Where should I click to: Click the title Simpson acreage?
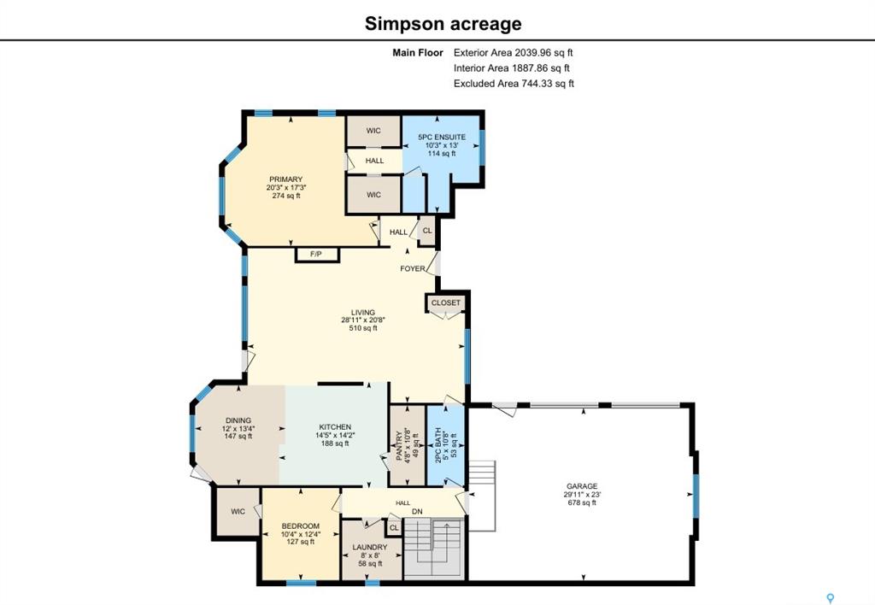click(x=443, y=23)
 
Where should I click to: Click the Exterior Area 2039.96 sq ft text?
click(x=513, y=53)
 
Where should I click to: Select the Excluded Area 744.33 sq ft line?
click(x=514, y=84)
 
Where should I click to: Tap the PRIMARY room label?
click(x=285, y=179)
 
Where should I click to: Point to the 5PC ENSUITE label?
click(x=442, y=137)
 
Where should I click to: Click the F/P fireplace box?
click(x=316, y=255)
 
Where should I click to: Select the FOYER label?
click(x=413, y=268)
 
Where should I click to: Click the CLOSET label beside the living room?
click(x=446, y=302)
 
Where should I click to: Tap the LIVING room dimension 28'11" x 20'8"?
click(x=363, y=320)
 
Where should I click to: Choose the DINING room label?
click(x=238, y=420)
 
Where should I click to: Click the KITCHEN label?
click(x=335, y=427)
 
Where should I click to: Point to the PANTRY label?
click(x=400, y=445)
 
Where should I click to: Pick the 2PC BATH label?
click(x=438, y=445)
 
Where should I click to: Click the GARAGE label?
click(x=582, y=486)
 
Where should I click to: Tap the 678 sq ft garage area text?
click(x=582, y=502)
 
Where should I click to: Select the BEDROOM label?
click(x=300, y=526)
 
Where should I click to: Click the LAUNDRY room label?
click(x=369, y=547)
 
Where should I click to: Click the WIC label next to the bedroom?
click(x=238, y=511)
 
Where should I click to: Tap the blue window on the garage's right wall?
click(x=696, y=496)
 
